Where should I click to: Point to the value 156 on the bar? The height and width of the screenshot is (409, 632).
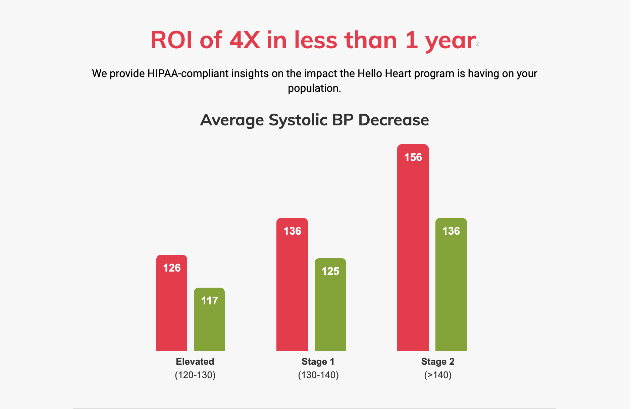413,157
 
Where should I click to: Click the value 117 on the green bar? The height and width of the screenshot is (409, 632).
209,301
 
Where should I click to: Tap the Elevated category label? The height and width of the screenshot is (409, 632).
195,361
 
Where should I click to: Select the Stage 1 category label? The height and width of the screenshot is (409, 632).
318,361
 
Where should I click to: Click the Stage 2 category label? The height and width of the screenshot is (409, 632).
438,361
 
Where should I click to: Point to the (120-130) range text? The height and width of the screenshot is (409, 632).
195,375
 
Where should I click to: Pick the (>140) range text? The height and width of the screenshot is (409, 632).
438,375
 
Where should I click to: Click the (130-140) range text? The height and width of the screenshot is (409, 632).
318,375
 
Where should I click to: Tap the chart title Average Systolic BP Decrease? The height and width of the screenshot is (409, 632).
314,120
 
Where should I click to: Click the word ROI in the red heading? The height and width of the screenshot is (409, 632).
171,40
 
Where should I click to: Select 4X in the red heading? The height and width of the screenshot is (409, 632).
245,40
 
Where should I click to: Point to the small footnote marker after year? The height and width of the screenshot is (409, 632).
477,44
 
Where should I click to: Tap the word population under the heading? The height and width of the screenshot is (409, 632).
314,88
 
